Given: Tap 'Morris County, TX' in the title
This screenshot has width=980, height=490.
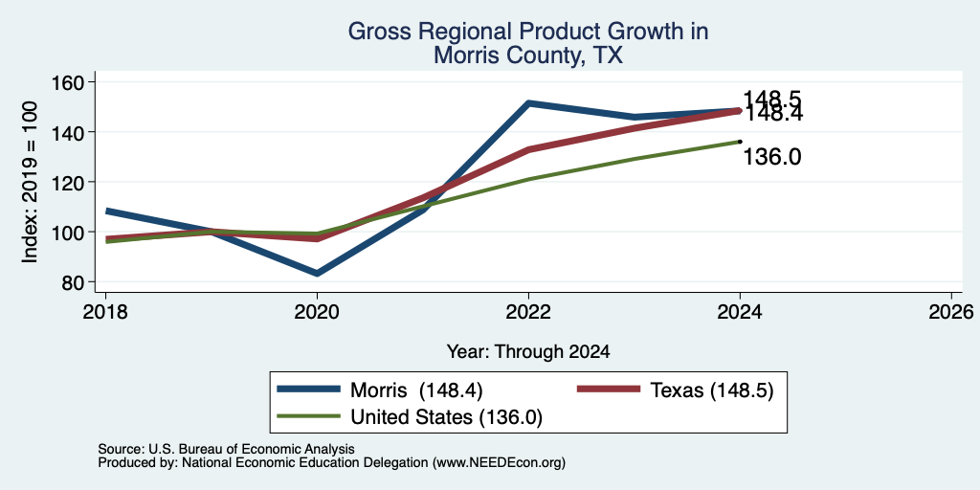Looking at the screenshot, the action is (x=528, y=55).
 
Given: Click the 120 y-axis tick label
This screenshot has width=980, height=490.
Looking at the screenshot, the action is (x=69, y=183).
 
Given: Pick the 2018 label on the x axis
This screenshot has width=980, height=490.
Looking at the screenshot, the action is (x=105, y=311).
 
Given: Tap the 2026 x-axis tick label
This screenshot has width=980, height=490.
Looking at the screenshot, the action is (x=951, y=311).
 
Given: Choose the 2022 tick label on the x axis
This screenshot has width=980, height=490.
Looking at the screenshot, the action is (x=528, y=311).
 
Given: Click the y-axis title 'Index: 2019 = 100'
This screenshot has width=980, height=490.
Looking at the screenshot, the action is (x=30, y=181).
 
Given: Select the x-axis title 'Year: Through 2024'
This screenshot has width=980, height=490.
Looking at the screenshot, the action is (x=528, y=352).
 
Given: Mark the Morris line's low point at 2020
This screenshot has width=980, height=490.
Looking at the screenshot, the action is (x=317, y=273).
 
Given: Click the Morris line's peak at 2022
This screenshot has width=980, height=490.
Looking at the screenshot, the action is (x=528, y=103).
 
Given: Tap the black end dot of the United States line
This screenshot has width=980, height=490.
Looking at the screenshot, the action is (x=740, y=142).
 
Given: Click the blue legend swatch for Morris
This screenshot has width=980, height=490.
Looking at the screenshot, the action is (x=309, y=390).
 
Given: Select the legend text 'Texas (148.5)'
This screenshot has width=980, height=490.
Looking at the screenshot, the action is (x=712, y=390).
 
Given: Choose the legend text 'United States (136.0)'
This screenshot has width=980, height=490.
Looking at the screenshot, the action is (x=446, y=417).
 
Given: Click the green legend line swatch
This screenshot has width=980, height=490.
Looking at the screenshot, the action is (x=309, y=416).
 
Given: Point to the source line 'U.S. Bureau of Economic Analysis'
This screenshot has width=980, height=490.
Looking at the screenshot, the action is (x=252, y=449).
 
